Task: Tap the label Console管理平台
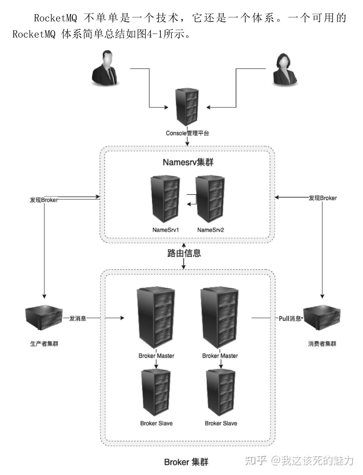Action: coord(187,133)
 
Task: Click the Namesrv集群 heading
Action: coord(188,162)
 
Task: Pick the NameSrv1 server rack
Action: coord(165,200)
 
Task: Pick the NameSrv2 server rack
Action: coord(210,200)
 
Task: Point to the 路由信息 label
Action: coord(184,253)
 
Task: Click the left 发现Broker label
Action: coord(44,200)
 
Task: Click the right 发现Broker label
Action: coord(322,198)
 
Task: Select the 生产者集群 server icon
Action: coord(44,318)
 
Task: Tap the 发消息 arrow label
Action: coord(78,318)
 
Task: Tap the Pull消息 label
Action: coord(290,319)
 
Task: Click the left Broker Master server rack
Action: coord(156,318)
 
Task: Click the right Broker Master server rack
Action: coord(220,318)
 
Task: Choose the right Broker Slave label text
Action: coord(221,423)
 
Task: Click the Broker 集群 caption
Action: coord(186,462)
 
